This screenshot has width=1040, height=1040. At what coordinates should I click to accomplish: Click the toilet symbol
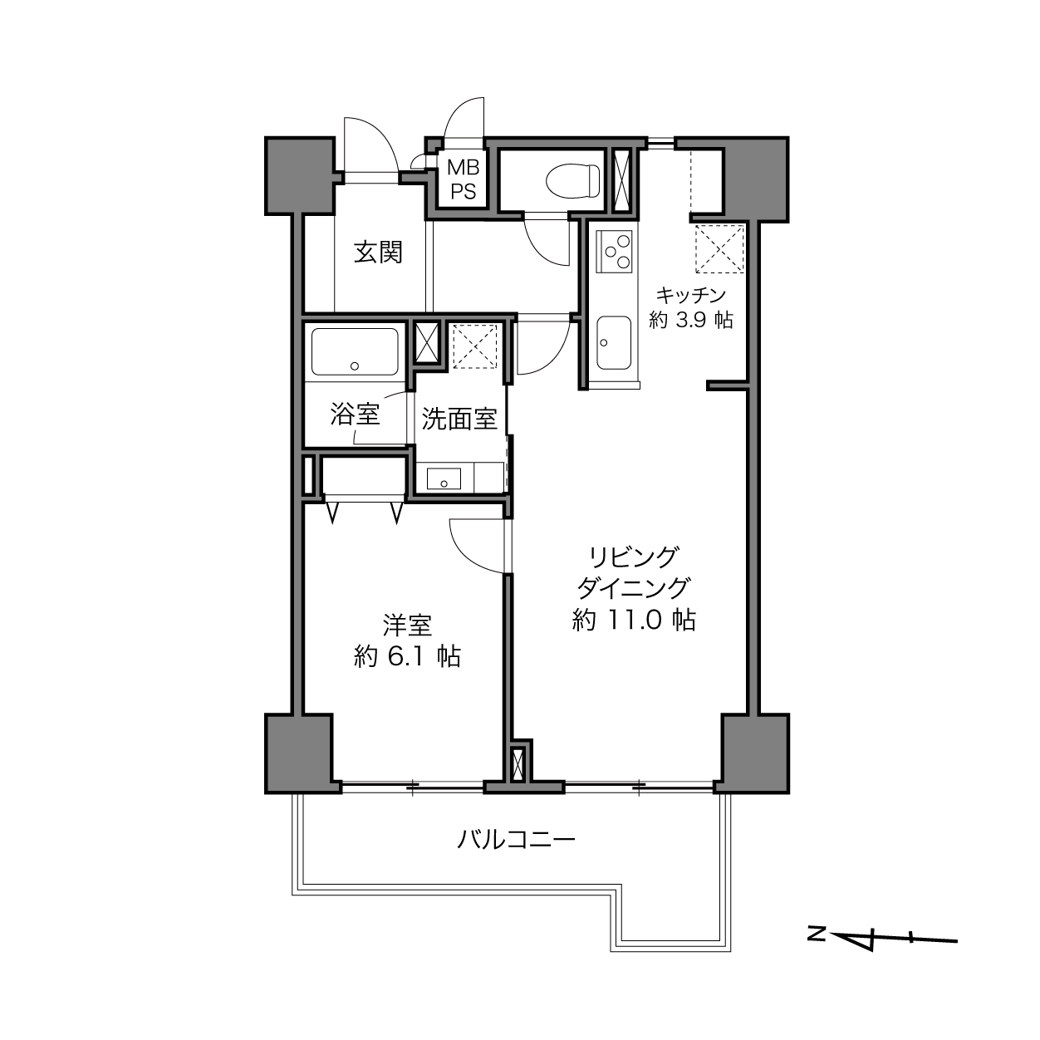tap(573, 180)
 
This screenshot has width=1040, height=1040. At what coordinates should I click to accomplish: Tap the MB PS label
tap(463, 179)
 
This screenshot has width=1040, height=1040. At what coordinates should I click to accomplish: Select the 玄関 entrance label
tap(378, 252)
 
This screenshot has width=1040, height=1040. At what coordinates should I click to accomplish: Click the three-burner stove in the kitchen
tap(616, 252)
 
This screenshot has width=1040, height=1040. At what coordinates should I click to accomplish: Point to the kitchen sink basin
tap(614, 342)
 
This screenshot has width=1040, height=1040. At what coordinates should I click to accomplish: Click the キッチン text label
tap(691, 295)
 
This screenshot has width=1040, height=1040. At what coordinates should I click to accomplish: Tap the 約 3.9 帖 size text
tap(691, 320)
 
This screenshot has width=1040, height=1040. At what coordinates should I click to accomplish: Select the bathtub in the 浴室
tap(355, 351)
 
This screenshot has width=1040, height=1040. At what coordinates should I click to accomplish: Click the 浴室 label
tap(355, 415)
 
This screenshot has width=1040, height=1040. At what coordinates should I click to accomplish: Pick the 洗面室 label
tap(459, 419)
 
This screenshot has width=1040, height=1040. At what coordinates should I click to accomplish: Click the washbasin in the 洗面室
tap(444, 478)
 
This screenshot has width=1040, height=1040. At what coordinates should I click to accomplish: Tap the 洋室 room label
tap(407, 625)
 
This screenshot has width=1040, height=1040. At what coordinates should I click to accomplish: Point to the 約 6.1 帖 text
tap(407, 656)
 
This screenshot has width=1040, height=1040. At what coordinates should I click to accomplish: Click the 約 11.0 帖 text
tap(634, 620)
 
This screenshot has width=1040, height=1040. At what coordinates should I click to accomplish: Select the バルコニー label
tap(517, 840)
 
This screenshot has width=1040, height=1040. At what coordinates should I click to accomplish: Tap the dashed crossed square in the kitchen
tap(719, 249)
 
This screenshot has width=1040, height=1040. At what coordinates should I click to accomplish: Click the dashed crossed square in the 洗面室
tap(474, 346)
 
